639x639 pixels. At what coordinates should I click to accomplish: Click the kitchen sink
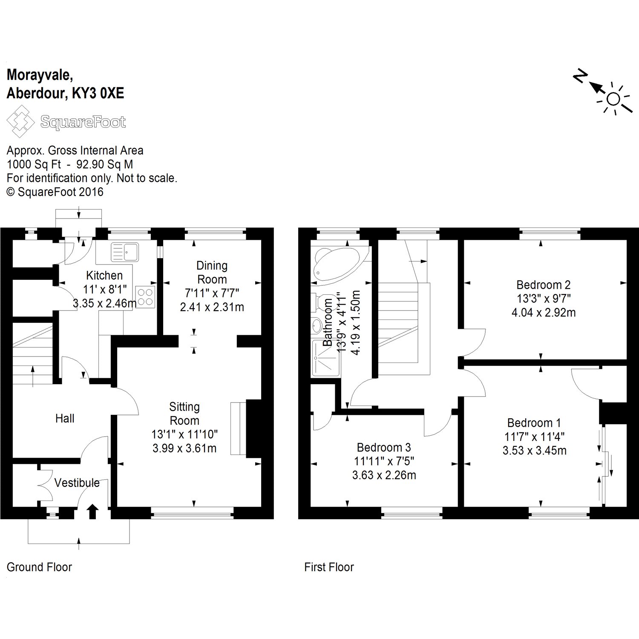pyautogui.click(x=124, y=252)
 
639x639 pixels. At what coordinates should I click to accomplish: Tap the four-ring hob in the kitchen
pyautogui.click(x=145, y=296)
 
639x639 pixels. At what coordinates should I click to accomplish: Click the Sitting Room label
pyautogui.click(x=184, y=414)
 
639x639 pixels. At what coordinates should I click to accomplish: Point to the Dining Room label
pyautogui.click(x=212, y=272)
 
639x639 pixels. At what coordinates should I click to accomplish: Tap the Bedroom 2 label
pyautogui.click(x=543, y=285)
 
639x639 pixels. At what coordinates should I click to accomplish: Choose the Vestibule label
pyautogui.click(x=77, y=483)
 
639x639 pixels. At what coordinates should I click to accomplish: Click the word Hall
pyautogui.click(x=65, y=418)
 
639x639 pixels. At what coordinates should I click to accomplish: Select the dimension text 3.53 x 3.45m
pyautogui.click(x=535, y=450)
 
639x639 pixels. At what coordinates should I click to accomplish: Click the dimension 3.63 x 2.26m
pyautogui.click(x=384, y=475)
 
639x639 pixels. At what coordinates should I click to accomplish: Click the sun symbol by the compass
pyautogui.click(x=613, y=99)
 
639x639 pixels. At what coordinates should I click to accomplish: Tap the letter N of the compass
pyautogui.click(x=580, y=77)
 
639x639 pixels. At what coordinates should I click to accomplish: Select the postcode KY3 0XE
pyautogui.click(x=98, y=93)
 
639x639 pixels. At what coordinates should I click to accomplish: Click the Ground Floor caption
pyautogui.click(x=39, y=567)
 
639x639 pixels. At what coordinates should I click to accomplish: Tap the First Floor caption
pyautogui.click(x=329, y=567)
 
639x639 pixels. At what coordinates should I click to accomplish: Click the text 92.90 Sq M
pyautogui.click(x=104, y=164)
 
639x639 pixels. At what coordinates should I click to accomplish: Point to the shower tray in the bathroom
pyautogui.click(x=326, y=358)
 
